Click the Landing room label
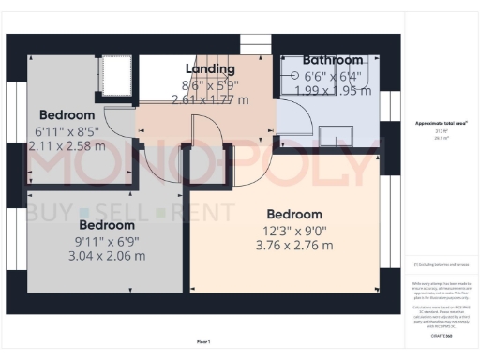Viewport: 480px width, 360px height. (210, 69)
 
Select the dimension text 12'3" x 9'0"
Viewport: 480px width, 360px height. (293, 231)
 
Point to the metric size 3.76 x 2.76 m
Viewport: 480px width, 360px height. (293, 246)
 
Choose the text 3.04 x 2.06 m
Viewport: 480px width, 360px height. (106, 256)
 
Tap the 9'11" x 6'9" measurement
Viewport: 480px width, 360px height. (106, 241)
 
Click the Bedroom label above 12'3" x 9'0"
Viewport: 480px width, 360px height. (293, 215)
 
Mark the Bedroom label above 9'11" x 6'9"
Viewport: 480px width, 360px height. (106, 226)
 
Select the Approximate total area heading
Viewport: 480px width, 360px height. (441, 123)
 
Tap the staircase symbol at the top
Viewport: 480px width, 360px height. (254, 46)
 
